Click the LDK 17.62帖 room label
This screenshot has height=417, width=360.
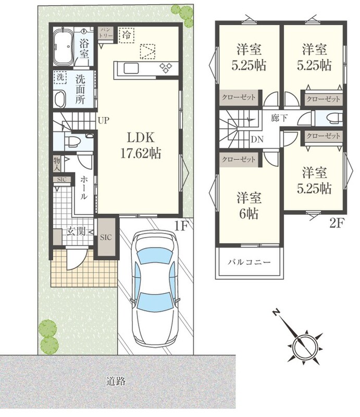(x=141, y=145)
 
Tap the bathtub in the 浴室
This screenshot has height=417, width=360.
(x=63, y=47)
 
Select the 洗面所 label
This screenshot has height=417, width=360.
(x=80, y=89)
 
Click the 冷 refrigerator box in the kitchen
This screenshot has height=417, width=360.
(x=127, y=35)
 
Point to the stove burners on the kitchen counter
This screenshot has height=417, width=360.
(x=166, y=68)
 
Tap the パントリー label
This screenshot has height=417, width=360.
(x=107, y=33)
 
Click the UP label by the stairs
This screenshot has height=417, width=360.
(x=103, y=120)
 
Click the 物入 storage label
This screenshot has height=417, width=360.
(x=57, y=164)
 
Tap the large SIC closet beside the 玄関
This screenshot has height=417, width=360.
(x=106, y=237)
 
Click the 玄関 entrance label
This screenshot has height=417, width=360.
(x=76, y=231)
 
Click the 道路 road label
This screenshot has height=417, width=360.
(x=116, y=381)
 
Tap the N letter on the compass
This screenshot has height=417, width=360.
(x=276, y=312)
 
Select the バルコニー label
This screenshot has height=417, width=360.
(x=249, y=262)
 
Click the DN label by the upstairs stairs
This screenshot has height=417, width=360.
(x=257, y=139)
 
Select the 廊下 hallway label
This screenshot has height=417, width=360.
(x=279, y=118)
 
